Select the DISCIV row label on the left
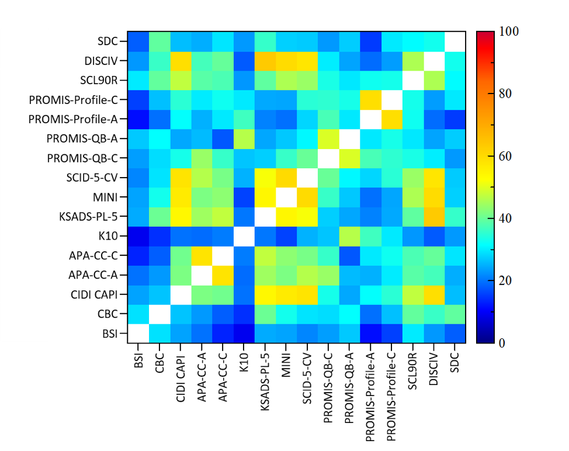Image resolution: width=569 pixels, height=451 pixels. pyautogui.click(x=100, y=60)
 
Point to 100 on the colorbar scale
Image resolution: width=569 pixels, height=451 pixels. pyautogui.click(x=509, y=32)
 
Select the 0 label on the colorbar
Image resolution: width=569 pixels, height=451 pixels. pyautogui.click(x=501, y=343)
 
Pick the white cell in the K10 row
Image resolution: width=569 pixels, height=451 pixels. pyautogui.click(x=244, y=235)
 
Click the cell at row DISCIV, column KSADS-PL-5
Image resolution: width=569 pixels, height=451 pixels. pyautogui.click(x=265, y=60)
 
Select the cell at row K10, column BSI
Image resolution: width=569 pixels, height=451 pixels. pyautogui.click(x=138, y=235)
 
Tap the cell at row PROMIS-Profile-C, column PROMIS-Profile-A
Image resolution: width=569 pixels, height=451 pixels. pyautogui.click(x=370, y=99)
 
